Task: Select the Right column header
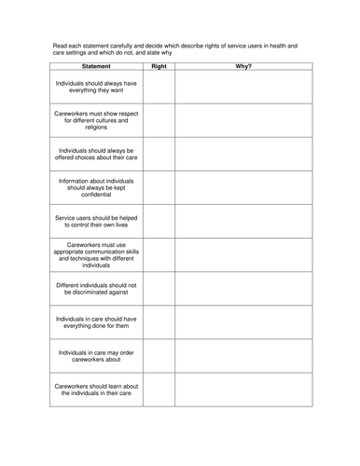[159, 66]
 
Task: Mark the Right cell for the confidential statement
[159, 186]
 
